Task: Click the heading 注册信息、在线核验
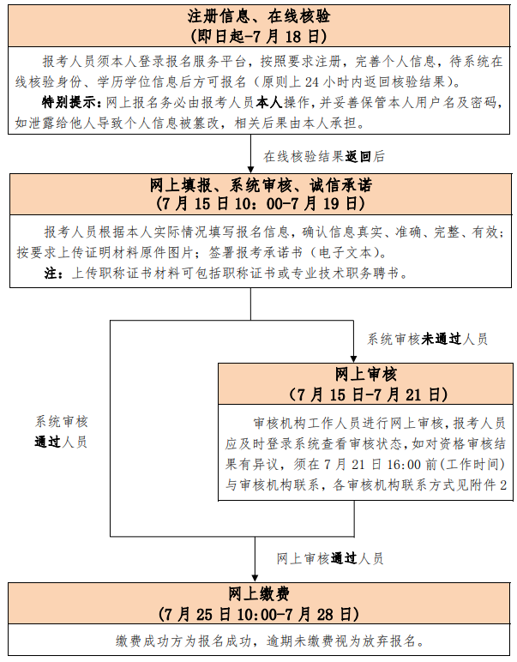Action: click(x=259, y=16)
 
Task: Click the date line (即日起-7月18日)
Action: click(x=259, y=36)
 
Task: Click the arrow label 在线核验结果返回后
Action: click(x=324, y=157)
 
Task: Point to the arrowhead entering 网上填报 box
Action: click(x=250, y=170)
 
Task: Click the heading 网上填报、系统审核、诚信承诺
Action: click(x=261, y=185)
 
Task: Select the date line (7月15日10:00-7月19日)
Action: click(x=261, y=204)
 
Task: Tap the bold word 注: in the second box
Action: click(x=54, y=274)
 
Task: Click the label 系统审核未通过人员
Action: click(x=427, y=339)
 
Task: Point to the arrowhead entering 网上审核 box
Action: click(x=354, y=359)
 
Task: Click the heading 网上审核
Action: click(x=366, y=375)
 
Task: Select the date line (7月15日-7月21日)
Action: click(x=368, y=394)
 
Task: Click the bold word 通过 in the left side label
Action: click(x=48, y=442)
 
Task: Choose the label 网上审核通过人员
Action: click(x=330, y=558)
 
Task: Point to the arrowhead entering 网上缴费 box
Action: click(x=255, y=579)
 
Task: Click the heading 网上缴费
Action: click(x=259, y=594)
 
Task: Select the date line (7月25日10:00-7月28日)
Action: click(x=259, y=614)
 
